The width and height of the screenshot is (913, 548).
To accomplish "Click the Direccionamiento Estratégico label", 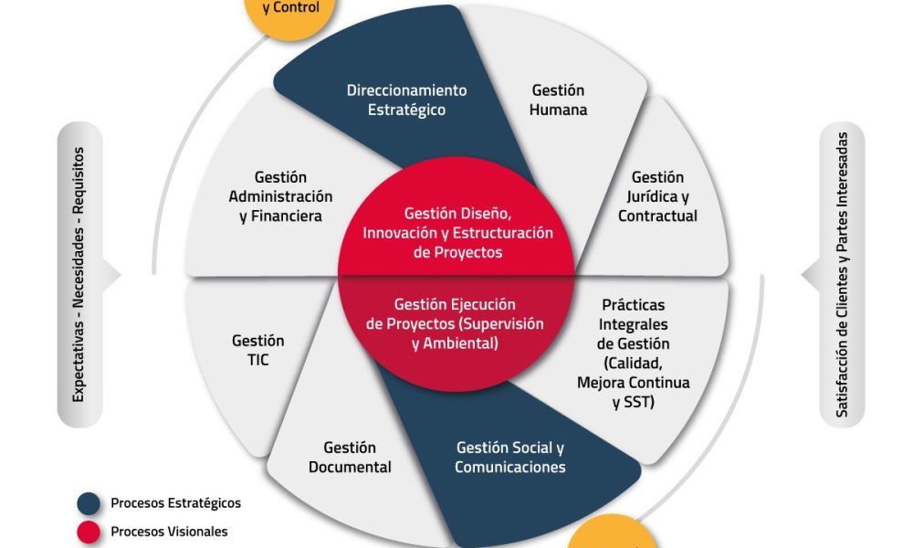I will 406,100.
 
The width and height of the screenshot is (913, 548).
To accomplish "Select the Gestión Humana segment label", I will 558,100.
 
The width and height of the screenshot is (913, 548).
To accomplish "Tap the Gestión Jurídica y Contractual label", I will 657,196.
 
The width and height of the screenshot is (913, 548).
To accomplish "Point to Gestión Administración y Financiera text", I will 280,196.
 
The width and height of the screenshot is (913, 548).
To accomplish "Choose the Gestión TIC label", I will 257,350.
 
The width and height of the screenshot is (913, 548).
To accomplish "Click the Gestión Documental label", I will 350,458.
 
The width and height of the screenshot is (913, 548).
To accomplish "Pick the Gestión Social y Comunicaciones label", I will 509,458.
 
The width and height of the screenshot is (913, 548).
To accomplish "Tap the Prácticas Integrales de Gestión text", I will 634,353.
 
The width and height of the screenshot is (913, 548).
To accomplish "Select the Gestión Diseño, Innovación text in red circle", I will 457,232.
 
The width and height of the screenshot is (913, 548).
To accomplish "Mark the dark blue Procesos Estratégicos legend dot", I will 89,503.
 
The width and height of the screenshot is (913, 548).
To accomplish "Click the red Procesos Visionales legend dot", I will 89,531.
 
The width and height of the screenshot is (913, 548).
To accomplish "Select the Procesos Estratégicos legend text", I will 175,503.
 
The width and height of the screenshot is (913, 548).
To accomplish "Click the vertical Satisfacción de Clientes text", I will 842,274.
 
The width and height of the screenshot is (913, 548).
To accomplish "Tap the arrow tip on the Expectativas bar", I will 116,274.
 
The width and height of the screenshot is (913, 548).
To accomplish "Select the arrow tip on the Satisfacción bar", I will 806,274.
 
